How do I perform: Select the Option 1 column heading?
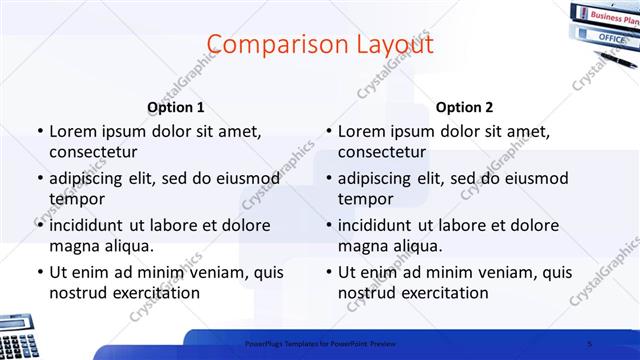pos(176,108)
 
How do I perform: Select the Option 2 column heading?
pos(464,108)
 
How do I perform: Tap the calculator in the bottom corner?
pos(18,336)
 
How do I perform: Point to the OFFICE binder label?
pos(610,37)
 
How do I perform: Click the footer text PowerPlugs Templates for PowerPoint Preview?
pos(320,343)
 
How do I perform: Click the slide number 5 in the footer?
pos(589,343)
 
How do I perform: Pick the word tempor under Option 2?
pos(366,199)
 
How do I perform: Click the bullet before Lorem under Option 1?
pos(39,131)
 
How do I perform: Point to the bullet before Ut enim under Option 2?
pos(328,272)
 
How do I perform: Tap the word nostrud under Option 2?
pos(368,293)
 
